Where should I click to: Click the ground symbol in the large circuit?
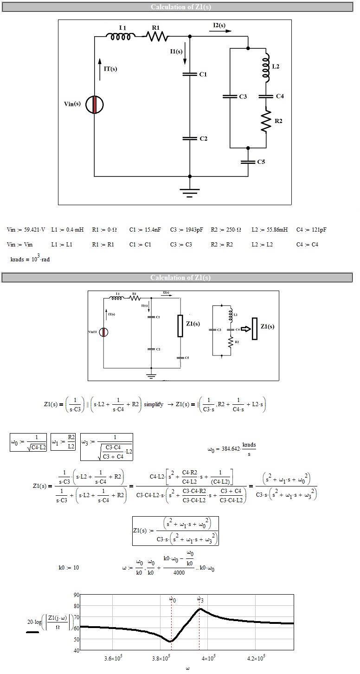tap(189, 192)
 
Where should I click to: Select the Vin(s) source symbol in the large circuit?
tap(95, 104)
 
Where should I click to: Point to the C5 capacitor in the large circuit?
tap(248, 162)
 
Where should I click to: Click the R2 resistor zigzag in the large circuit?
tap(266, 120)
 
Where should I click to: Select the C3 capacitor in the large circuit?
tap(230, 97)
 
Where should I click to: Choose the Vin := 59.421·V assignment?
tap(26, 230)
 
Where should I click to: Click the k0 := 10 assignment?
tap(69, 567)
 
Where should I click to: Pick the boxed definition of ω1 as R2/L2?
tap(63, 441)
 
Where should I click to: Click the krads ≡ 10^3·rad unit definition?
tap(30, 259)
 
